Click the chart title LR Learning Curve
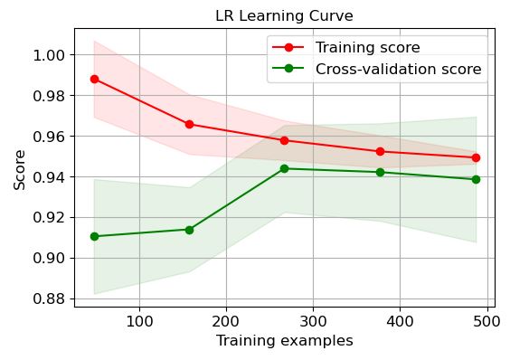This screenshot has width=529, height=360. pos(284,15)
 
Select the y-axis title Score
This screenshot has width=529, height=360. pos(20,169)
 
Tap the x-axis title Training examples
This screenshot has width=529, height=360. pos(284,341)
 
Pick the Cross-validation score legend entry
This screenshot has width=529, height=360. pos(398,69)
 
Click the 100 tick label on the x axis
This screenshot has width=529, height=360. pos(139,321)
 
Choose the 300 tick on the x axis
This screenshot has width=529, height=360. pos(313,321)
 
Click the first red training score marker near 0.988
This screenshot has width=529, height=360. pos(94,79)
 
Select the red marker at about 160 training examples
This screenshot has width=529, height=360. pos(189,124)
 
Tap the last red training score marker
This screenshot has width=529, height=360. pos(476,157)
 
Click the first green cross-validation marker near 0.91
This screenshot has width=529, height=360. pos(94,236)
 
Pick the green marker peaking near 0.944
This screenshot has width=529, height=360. pos(284,168)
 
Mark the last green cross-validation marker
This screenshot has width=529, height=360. pos(476,179)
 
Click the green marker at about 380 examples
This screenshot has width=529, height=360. pos(380,172)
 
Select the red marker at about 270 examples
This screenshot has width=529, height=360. pos(284,140)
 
